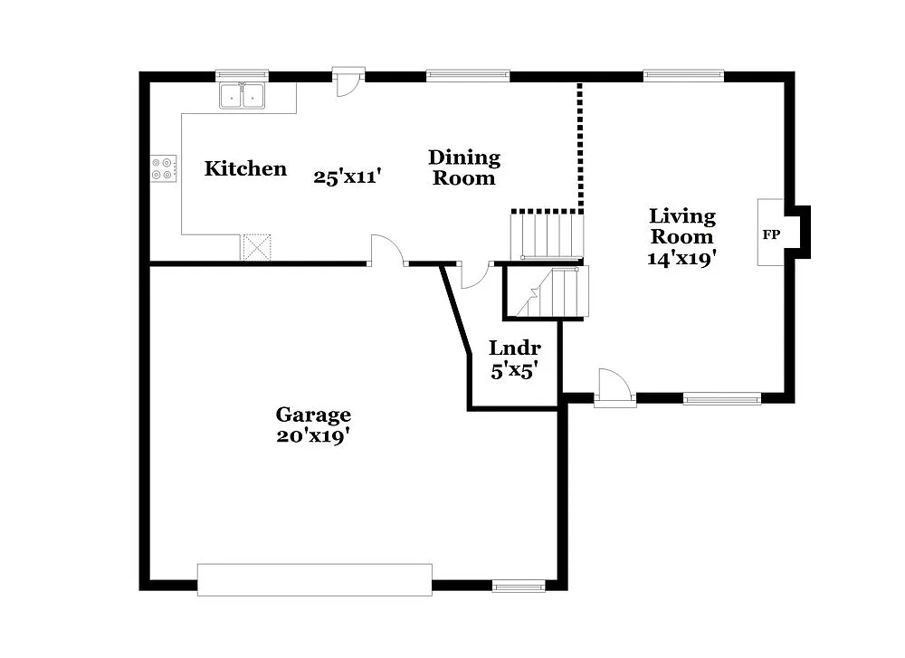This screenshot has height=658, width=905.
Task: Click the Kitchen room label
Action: pos(245,168)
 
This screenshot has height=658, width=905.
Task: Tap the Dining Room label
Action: pos(463,167)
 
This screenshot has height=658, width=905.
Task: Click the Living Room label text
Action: pos(682,226)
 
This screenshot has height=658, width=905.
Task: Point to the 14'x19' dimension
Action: pos(682,258)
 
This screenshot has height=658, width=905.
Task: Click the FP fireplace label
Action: pos(771,234)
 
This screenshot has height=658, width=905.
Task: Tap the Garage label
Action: pos(313,415)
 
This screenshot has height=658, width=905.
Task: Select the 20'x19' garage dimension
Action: pos(313,435)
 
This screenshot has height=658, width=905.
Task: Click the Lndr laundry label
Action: pos(515,348)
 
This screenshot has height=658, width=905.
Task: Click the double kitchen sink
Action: pos(242,96)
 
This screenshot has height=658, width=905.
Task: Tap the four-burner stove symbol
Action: pos(164,168)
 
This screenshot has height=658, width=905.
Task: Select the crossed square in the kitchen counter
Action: pos(257,247)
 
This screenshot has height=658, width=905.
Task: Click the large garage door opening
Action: pos(314,579)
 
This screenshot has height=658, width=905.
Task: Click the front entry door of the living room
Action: pos(614,386)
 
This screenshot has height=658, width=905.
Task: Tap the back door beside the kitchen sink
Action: pos(348,81)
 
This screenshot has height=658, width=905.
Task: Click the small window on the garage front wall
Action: pos(519,586)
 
